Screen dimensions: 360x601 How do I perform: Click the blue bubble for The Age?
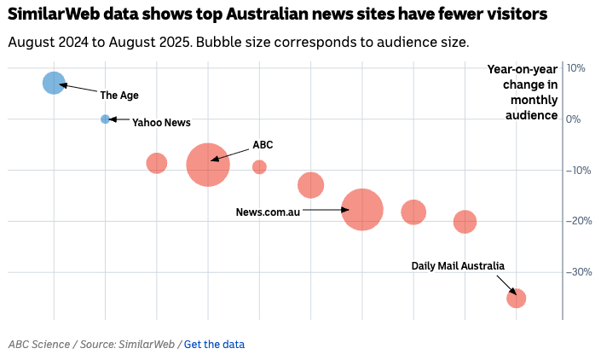54,83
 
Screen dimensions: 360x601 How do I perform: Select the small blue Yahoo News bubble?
105,119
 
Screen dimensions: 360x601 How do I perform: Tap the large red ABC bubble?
208,165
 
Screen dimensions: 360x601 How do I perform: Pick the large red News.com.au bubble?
362,210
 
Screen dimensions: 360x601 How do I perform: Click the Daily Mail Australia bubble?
516,298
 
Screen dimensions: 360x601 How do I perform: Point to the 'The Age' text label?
119,96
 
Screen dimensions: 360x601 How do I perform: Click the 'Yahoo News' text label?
161,123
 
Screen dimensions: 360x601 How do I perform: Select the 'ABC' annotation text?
263,145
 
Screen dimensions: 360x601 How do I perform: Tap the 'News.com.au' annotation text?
268,212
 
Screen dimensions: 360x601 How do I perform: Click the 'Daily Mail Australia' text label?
458,266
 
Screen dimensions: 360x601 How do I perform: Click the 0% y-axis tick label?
573,119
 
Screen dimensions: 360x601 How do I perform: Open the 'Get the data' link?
214,345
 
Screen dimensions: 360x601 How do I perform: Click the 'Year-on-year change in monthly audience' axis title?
523,92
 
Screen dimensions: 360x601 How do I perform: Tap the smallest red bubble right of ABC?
259,167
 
